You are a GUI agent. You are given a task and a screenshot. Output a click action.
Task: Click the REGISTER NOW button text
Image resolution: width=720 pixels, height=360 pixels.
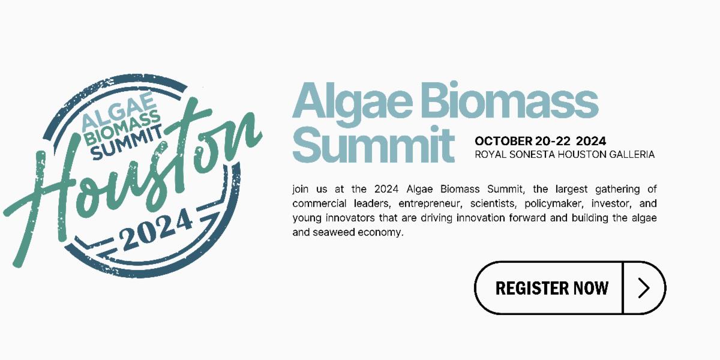(x=551, y=288)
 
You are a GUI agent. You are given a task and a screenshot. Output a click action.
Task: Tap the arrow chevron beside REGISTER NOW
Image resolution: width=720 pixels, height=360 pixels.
(x=644, y=288)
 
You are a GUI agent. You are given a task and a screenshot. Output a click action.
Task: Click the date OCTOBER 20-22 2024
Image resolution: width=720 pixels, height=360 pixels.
(x=541, y=141)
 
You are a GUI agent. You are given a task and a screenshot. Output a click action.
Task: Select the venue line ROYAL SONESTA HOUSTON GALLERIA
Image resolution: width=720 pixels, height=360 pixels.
(x=565, y=155)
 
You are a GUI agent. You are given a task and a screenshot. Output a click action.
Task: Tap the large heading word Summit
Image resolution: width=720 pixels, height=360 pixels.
(x=373, y=144)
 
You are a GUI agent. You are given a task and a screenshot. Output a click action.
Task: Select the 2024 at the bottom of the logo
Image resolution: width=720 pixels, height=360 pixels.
(x=156, y=230)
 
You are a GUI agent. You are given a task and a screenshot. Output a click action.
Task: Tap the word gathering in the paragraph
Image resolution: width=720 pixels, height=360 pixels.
(x=617, y=190)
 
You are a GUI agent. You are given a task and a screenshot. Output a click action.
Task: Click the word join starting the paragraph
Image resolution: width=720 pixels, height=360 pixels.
(x=300, y=189)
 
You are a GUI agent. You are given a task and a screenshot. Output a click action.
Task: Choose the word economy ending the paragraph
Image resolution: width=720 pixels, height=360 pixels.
(x=380, y=233)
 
